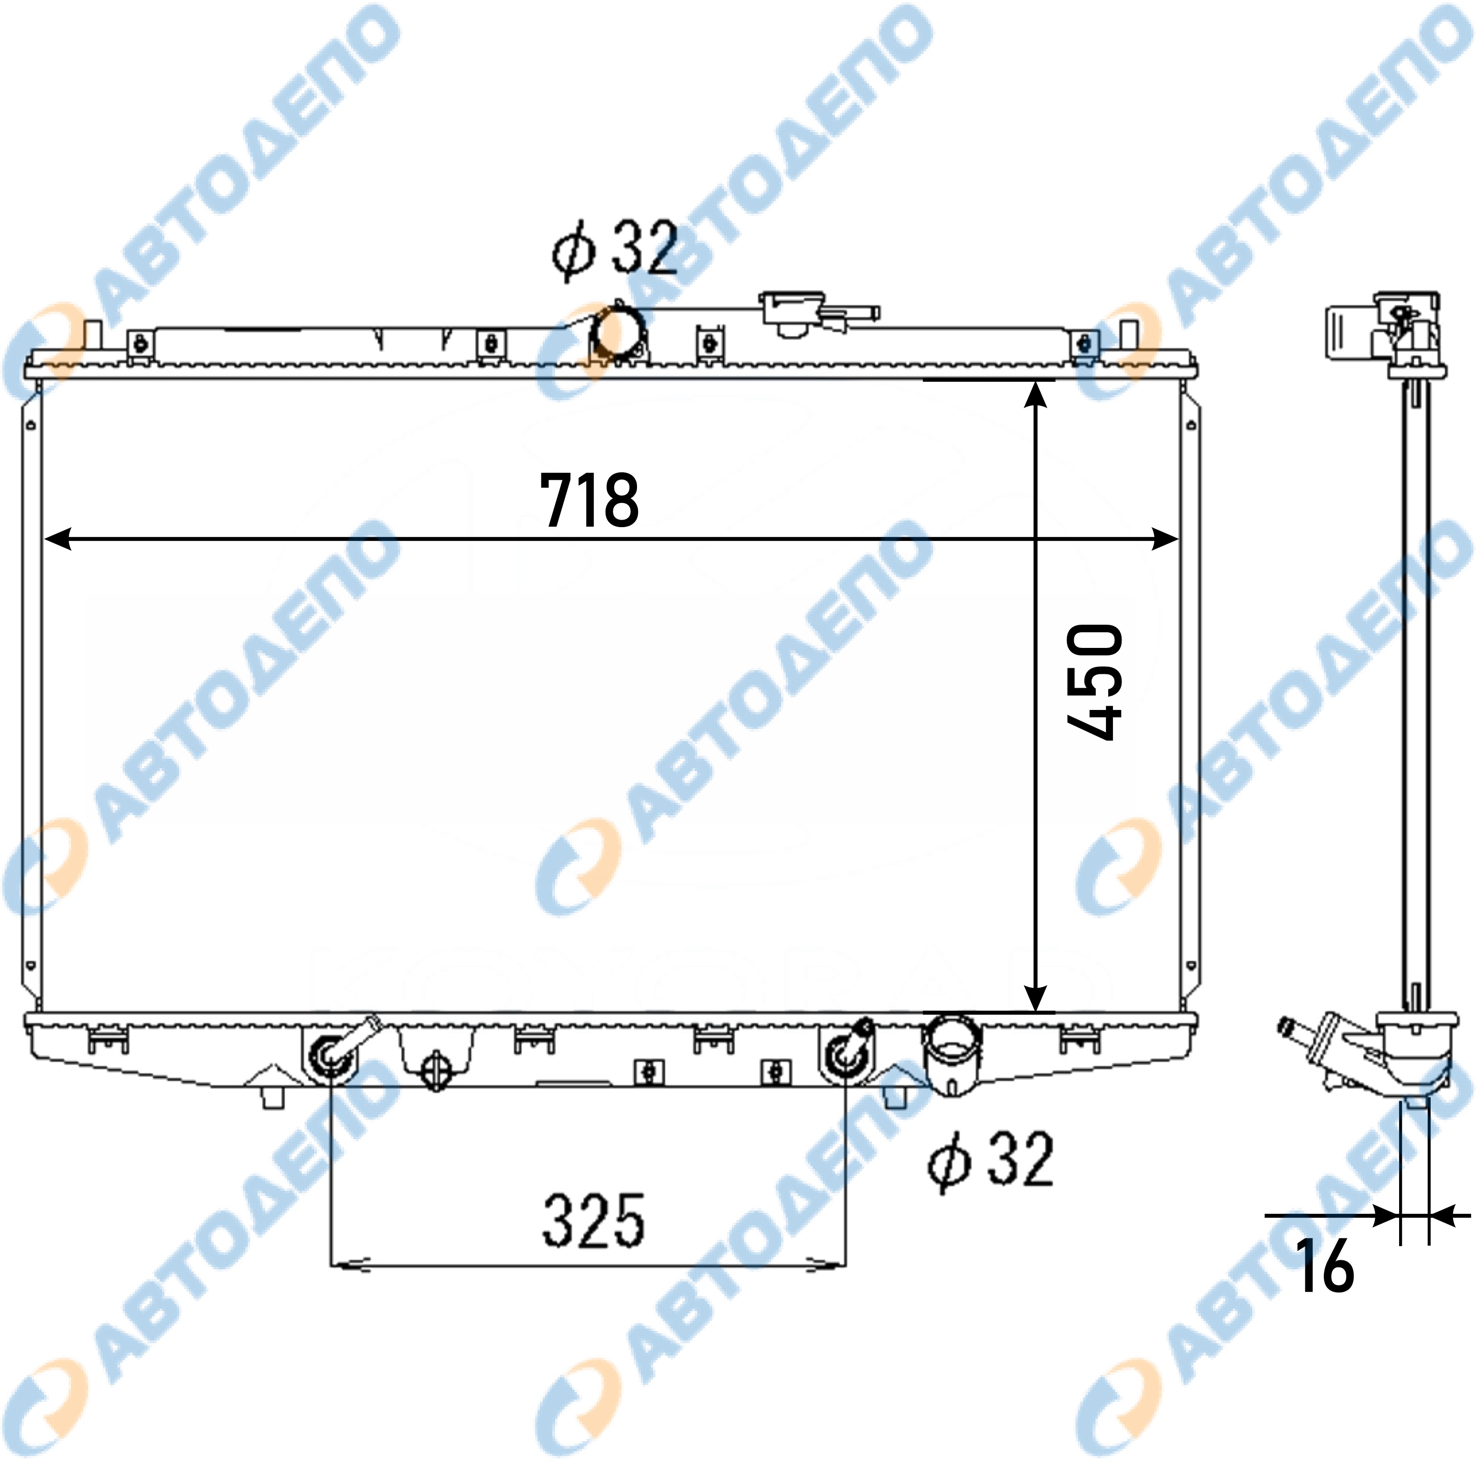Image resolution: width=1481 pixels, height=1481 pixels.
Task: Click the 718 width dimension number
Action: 589,501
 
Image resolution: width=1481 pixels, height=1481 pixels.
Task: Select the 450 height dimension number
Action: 1094,682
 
